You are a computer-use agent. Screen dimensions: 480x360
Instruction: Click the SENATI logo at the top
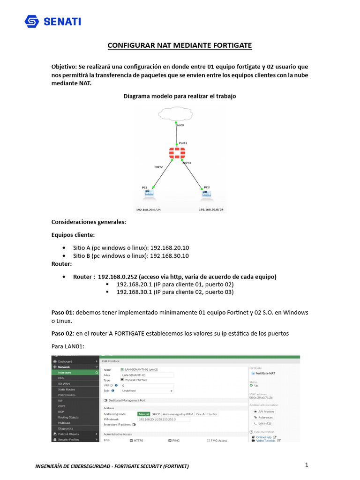point(52,22)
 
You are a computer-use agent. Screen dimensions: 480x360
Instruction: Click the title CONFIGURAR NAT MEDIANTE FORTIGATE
point(180,45)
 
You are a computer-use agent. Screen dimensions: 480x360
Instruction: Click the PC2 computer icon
point(206,193)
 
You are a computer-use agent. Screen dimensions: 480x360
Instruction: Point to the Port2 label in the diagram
point(158,166)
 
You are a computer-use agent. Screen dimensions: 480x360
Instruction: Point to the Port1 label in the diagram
point(183,143)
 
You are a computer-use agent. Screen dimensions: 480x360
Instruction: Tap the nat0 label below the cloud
point(180,126)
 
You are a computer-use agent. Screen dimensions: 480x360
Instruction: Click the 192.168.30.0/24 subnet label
point(211,210)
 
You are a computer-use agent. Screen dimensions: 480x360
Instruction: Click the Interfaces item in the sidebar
point(65,372)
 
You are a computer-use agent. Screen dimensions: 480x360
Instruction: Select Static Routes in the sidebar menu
point(66,389)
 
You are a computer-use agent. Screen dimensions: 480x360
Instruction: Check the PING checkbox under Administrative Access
point(170,441)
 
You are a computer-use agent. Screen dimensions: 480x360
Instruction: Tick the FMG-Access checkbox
point(208,441)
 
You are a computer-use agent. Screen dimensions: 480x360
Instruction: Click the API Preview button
point(264,411)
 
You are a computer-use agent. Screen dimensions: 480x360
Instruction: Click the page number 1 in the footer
point(306,465)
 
